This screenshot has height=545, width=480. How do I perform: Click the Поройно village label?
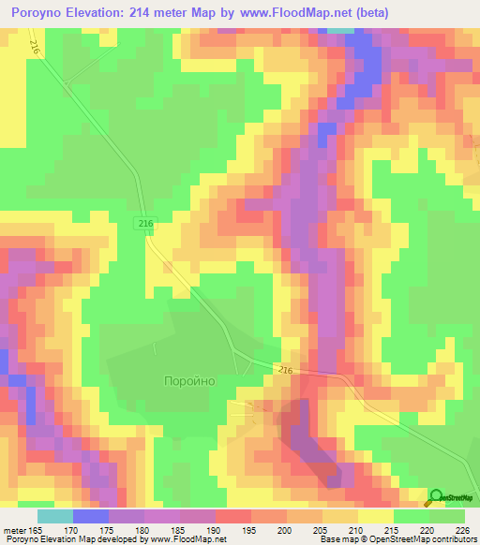(x=189, y=381)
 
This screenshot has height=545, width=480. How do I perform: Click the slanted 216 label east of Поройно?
(x=286, y=371)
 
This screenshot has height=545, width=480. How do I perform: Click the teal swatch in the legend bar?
(x=54, y=516)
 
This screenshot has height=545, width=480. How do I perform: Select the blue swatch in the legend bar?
(x=90, y=516)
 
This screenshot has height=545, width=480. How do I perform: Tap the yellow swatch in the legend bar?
(x=376, y=516)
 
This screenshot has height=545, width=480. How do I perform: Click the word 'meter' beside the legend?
(x=15, y=530)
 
